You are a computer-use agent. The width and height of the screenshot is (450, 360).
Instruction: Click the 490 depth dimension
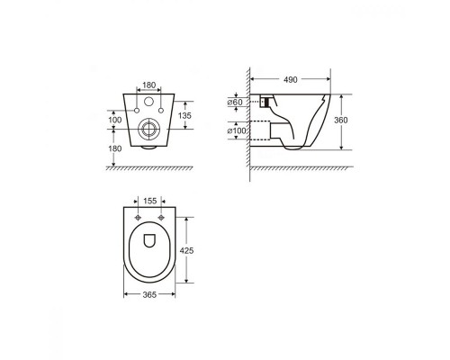point(291,79)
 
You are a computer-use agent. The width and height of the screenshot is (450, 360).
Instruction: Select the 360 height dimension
point(341,120)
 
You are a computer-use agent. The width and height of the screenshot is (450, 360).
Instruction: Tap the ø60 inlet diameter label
point(235,103)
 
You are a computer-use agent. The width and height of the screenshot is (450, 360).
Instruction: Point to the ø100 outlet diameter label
point(237,130)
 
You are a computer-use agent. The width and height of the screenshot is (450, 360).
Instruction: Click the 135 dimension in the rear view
point(184,115)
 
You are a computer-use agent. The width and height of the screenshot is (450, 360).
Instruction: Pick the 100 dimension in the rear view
point(115,120)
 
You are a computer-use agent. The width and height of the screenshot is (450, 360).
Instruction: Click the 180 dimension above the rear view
point(148,85)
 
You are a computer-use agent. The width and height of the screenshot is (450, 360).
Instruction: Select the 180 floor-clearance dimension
point(115,148)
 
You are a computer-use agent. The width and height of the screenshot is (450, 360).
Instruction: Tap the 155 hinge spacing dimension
point(149,201)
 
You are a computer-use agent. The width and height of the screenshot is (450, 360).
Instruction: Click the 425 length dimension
point(186,250)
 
